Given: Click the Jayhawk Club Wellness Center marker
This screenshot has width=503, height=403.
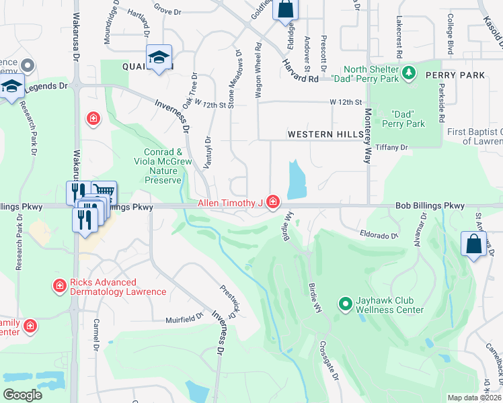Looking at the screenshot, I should pyautogui.click(x=346, y=305).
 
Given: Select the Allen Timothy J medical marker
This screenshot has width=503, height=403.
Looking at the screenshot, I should pyautogui.click(x=272, y=201).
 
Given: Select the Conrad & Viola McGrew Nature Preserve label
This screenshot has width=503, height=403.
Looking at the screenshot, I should pyautogui.click(x=161, y=166).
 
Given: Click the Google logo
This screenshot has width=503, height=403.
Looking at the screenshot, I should pyautogui.click(x=22, y=395).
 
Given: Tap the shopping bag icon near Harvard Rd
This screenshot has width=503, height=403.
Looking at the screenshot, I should pyautogui.click(x=285, y=11).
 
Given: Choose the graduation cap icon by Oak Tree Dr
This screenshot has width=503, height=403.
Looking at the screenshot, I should pyautogui.click(x=159, y=58).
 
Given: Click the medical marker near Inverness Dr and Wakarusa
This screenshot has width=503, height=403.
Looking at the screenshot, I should pyautogui.click(x=93, y=119).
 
